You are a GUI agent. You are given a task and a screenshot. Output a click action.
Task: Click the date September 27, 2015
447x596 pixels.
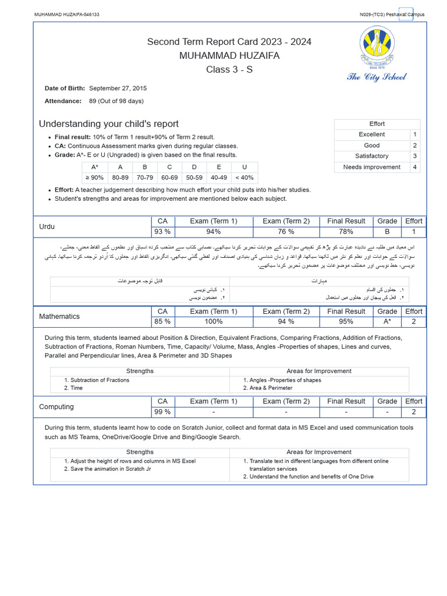(x=118, y=88)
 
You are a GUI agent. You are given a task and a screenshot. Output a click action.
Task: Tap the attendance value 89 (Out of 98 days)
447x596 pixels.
(x=116, y=101)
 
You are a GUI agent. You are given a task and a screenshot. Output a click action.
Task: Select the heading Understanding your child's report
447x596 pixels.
(x=108, y=124)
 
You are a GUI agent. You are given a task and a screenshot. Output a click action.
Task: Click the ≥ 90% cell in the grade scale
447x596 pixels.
(x=95, y=178)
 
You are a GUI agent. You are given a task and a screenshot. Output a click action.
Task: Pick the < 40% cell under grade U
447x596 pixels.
(x=244, y=178)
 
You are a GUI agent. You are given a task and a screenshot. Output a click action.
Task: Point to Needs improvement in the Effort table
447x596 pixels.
(x=371, y=167)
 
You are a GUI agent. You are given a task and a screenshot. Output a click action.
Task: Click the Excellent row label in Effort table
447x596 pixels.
(x=371, y=134)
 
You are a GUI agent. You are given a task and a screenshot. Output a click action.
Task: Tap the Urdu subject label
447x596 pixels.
(x=47, y=226)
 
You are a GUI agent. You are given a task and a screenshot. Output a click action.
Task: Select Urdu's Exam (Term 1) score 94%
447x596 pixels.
(x=214, y=232)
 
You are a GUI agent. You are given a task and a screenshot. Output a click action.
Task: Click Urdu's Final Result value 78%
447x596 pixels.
(x=346, y=232)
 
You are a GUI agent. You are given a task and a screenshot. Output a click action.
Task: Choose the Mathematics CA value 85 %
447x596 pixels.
(x=162, y=321)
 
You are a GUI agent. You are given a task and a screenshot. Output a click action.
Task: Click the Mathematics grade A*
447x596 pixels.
(x=387, y=321)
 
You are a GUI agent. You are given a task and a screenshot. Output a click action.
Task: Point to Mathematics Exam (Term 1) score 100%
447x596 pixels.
(x=214, y=321)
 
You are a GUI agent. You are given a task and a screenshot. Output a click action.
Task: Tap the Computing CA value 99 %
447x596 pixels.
(x=162, y=411)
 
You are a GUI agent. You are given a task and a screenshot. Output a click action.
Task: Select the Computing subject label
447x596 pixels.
(x=56, y=406)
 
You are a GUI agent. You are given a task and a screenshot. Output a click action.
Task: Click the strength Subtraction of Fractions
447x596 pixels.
(x=100, y=380)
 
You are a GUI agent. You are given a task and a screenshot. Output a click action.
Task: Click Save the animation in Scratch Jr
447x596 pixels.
(x=110, y=469)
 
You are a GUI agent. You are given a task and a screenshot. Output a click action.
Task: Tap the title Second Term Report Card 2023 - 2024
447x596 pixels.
(x=229, y=42)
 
